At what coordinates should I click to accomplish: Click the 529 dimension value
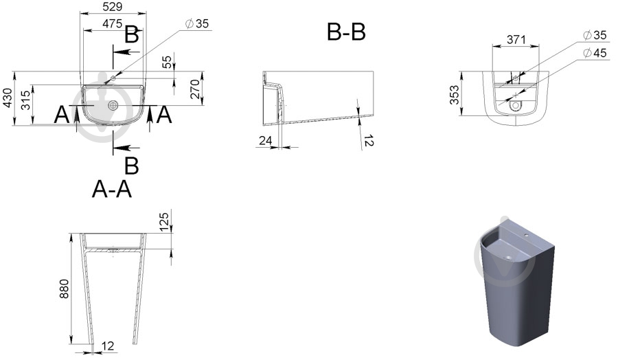113,7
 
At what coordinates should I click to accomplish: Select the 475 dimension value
113,23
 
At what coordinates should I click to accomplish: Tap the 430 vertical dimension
8,98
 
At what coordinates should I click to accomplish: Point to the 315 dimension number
25,100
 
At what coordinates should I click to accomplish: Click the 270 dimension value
195,89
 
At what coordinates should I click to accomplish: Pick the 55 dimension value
168,62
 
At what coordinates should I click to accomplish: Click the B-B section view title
347,32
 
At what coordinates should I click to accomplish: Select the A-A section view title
112,189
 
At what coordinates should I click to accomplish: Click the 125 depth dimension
164,222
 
